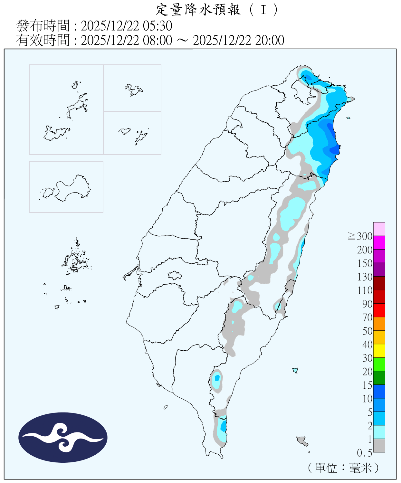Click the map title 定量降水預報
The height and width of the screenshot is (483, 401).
pyautogui.click(x=198, y=10)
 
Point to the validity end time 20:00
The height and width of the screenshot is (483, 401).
pyautogui.click(x=270, y=41)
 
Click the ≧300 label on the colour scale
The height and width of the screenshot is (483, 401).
pyautogui.click(x=360, y=236)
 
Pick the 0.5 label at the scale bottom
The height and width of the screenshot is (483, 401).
pyautogui.click(x=364, y=453)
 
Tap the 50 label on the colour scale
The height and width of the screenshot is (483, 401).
pyautogui.click(x=367, y=331)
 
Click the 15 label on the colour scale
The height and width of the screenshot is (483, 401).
pyautogui.click(x=367, y=385)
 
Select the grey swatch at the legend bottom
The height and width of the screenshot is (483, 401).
pyautogui.click(x=379, y=445)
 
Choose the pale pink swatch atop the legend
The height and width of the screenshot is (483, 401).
pyautogui.click(x=379, y=229)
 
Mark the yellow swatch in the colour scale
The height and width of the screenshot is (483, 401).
pyautogui.click(x=379, y=351)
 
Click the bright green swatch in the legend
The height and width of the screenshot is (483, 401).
pyautogui.click(x=379, y=364)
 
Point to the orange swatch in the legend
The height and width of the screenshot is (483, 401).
pyautogui.click(x=379, y=324)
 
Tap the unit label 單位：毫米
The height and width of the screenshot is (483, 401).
pyautogui.click(x=343, y=468)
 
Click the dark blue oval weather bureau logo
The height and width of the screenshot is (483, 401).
pyautogui.click(x=63, y=437)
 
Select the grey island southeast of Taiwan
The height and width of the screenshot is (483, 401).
pyautogui.click(x=302, y=440)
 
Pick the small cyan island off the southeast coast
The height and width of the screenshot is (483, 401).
pyautogui.click(x=295, y=370)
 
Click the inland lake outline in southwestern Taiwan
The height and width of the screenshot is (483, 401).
pyautogui.click(x=175, y=275)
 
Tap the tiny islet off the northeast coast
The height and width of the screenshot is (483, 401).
pyautogui.click(x=348, y=118)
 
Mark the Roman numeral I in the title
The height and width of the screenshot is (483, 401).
pyautogui.click(x=263, y=10)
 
